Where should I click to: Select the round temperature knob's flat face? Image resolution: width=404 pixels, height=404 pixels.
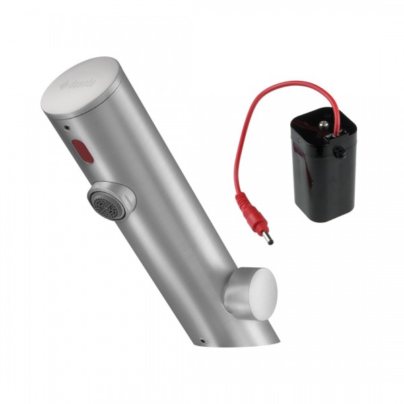click(262, 293)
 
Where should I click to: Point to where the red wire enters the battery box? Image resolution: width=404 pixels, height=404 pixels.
click(335, 119)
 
